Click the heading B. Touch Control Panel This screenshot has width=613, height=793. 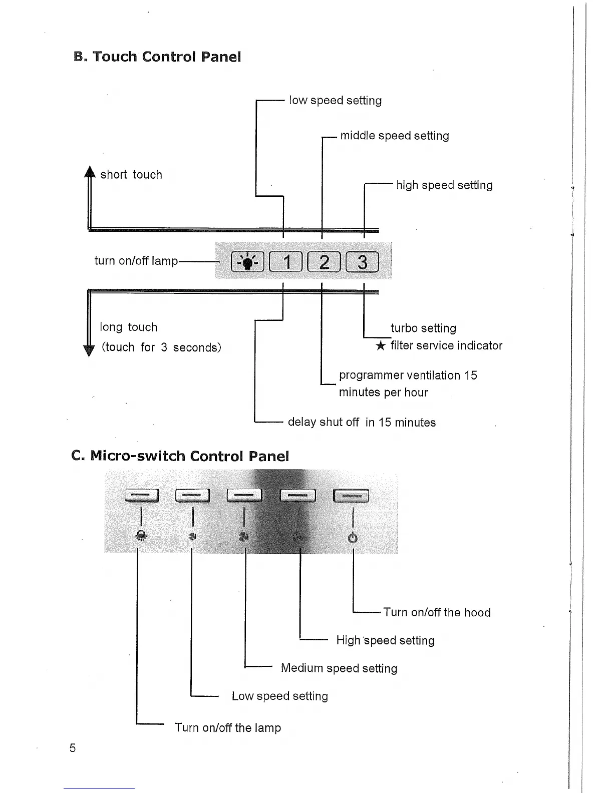157,57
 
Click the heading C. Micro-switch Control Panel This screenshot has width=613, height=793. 180,456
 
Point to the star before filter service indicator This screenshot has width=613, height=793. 381,346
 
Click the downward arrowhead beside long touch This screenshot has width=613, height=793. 89,350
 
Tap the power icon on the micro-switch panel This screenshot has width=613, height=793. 353,538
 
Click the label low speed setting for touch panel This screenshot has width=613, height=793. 335,101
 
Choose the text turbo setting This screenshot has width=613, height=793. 423,328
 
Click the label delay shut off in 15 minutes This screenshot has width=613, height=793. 362,423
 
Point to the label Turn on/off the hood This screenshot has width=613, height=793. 437,612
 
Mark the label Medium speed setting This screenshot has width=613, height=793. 339,668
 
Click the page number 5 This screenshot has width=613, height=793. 73,748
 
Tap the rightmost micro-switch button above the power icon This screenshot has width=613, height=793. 351,495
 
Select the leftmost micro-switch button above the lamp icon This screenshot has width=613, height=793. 142,495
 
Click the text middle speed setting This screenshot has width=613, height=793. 395,136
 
